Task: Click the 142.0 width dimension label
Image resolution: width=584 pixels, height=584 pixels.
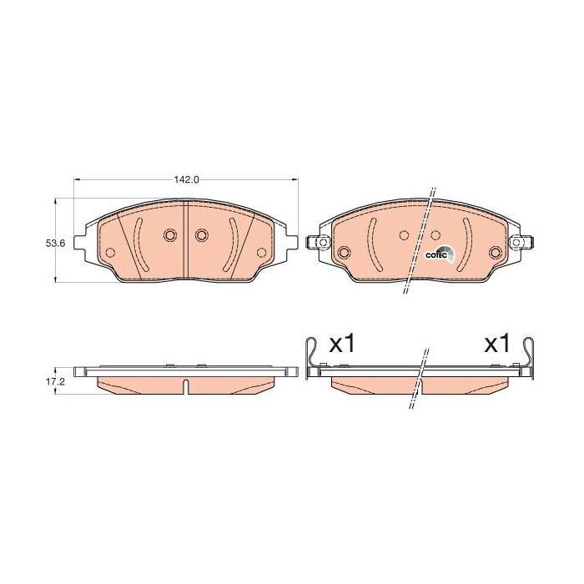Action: click(x=185, y=179)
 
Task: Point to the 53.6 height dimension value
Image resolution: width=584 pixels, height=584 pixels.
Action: click(x=55, y=243)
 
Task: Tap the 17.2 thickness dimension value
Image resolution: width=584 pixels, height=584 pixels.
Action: click(x=55, y=381)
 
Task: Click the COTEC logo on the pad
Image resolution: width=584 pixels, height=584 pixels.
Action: click(x=439, y=254)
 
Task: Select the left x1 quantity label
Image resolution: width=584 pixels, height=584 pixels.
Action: click(x=342, y=345)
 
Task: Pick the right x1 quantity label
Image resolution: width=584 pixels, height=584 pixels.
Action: click(x=497, y=345)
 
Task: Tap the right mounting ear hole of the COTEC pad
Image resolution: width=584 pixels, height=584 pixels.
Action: click(x=516, y=243)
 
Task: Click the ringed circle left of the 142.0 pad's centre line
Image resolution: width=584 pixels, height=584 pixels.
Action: click(x=169, y=235)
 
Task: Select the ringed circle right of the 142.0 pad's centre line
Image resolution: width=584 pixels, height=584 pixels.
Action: click(x=201, y=235)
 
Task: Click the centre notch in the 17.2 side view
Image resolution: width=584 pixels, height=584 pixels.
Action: click(x=186, y=385)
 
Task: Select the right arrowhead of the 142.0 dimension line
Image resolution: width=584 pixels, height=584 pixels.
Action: click(x=294, y=179)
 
